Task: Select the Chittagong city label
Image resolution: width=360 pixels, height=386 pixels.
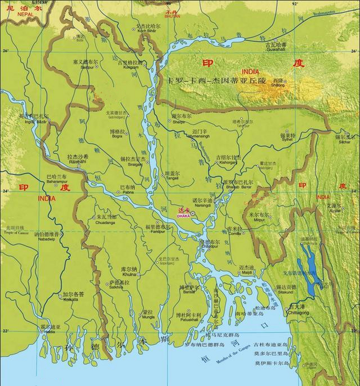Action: pyautogui.click(x=298, y=313)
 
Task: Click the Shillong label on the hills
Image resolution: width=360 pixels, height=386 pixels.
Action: pyautogui.click(x=278, y=85)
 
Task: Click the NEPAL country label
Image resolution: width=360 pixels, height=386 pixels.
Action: pyautogui.click(x=25, y=14)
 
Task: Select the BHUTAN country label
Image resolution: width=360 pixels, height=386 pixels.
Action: pyautogui.click(x=172, y=16)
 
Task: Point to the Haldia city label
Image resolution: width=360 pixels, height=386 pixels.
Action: pyautogui.click(x=49, y=332)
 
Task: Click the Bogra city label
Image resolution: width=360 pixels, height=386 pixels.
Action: pyautogui.click(x=117, y=136)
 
